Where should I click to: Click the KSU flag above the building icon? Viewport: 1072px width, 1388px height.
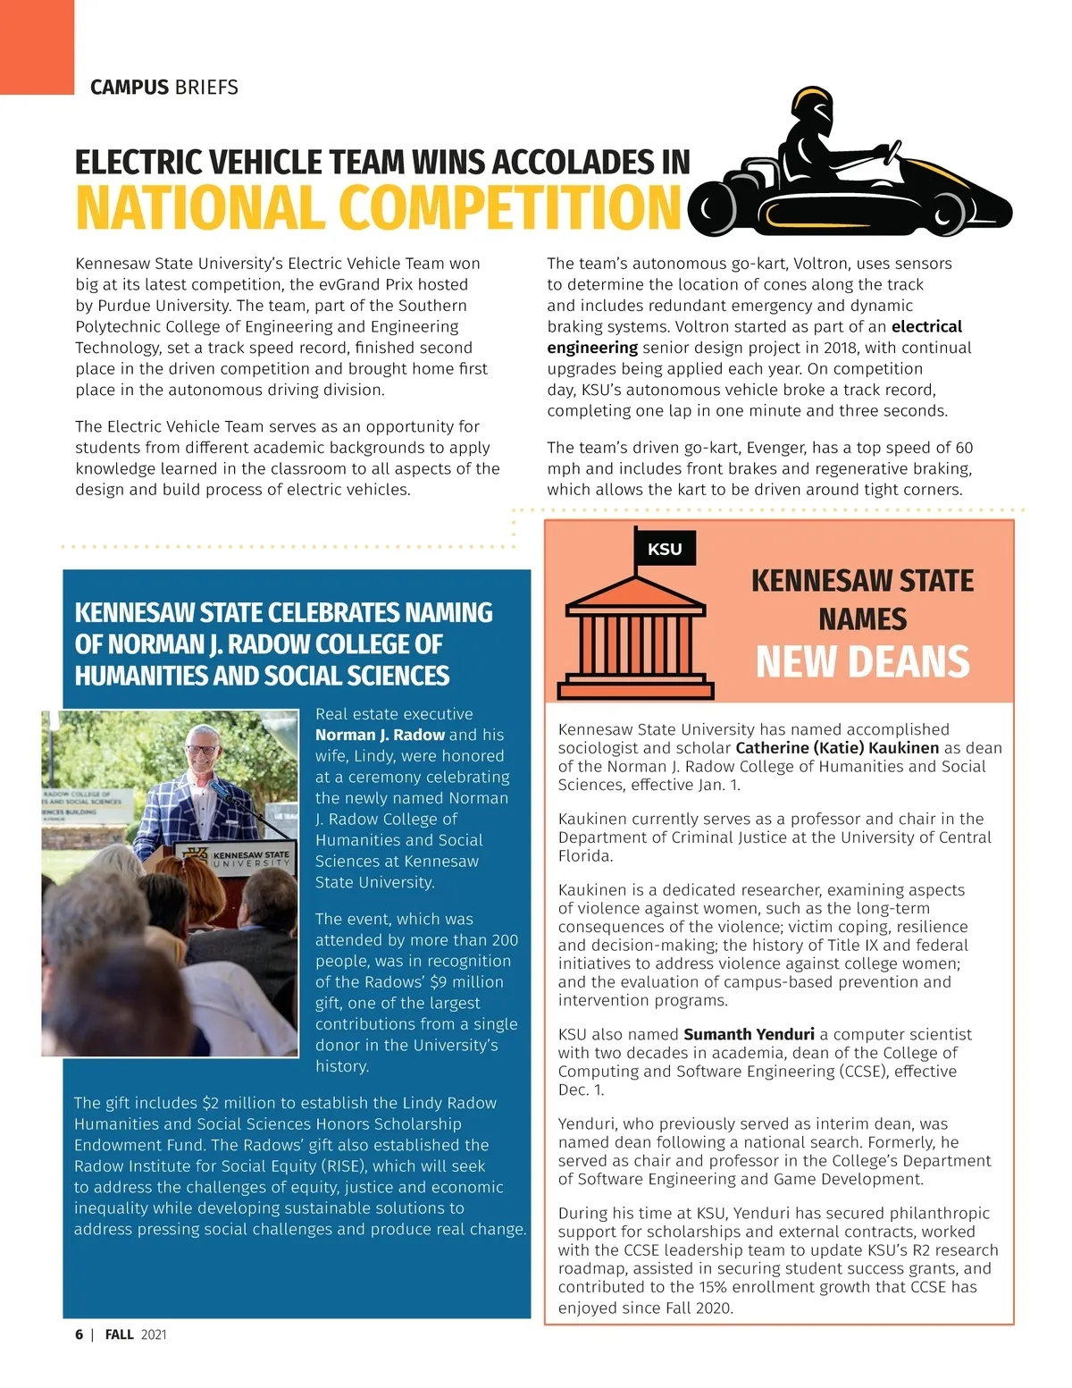[664, 549]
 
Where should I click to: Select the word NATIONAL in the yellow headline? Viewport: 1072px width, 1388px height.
[199, 207]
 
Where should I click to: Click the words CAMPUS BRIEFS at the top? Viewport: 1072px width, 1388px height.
[164, 88]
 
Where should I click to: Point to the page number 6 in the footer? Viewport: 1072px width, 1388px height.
[79, 1334]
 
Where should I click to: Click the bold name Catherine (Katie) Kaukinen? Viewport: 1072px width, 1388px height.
[837, 748]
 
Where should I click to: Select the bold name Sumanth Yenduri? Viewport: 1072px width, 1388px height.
[749, 1034]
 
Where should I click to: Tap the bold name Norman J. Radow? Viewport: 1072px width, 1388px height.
[380, 735]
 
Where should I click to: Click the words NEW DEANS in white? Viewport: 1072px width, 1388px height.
[862, 662]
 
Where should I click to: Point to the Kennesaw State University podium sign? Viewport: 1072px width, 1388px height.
[238, 858]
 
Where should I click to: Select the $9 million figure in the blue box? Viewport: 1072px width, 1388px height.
[466, 982]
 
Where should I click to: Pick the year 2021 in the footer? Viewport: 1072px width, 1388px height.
[154, 1334]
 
